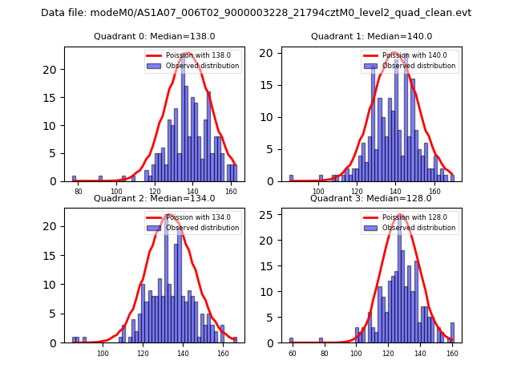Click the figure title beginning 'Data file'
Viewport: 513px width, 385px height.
tap(256, 13)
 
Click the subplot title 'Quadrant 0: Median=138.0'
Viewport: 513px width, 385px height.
tap(155, 36)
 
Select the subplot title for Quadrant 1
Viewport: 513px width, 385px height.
tap(371, 36)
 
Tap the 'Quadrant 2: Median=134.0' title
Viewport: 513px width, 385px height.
tap(155, 198)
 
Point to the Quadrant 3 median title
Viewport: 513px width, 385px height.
tap(371, 198)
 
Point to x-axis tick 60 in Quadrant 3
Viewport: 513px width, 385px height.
tap(292, 353)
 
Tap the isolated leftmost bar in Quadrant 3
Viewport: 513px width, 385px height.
tap(292, 340)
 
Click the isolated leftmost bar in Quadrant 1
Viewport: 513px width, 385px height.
tap(292, 178)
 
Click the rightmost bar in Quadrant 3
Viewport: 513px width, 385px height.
tap(452, 333)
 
